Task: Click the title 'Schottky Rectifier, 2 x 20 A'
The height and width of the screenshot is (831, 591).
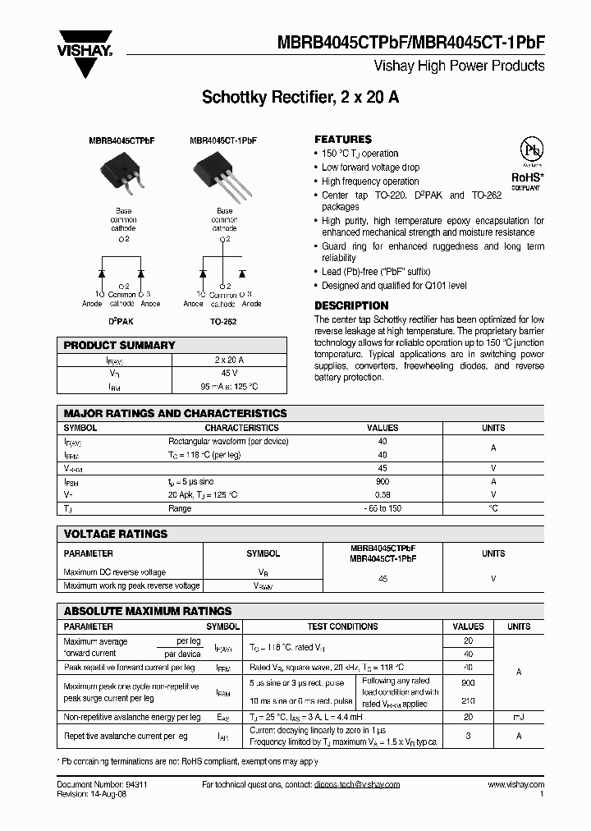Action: (x=300, y=97)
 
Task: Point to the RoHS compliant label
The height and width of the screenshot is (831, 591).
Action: (x=525, y=180)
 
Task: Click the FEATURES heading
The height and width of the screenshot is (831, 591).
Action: (x=343, y=139)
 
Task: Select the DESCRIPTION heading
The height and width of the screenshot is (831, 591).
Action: (x=351, y=305)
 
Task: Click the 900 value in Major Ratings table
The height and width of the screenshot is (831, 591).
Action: (x=382, y=481)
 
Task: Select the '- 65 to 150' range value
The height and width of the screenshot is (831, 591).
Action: (x=382, y=508)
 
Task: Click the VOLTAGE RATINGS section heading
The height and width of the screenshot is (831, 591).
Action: (x=115, y=534)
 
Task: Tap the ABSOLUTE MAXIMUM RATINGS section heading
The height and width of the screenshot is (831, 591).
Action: (x=148, y=611)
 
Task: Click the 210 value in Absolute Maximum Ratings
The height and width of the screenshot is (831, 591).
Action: (x=468, y=700)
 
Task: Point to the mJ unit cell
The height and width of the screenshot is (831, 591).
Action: (x=518, y=717)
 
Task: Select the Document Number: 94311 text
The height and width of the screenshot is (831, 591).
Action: (x=102, y=784)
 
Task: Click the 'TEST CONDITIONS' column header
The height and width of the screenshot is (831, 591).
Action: (x=342, y=627)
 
